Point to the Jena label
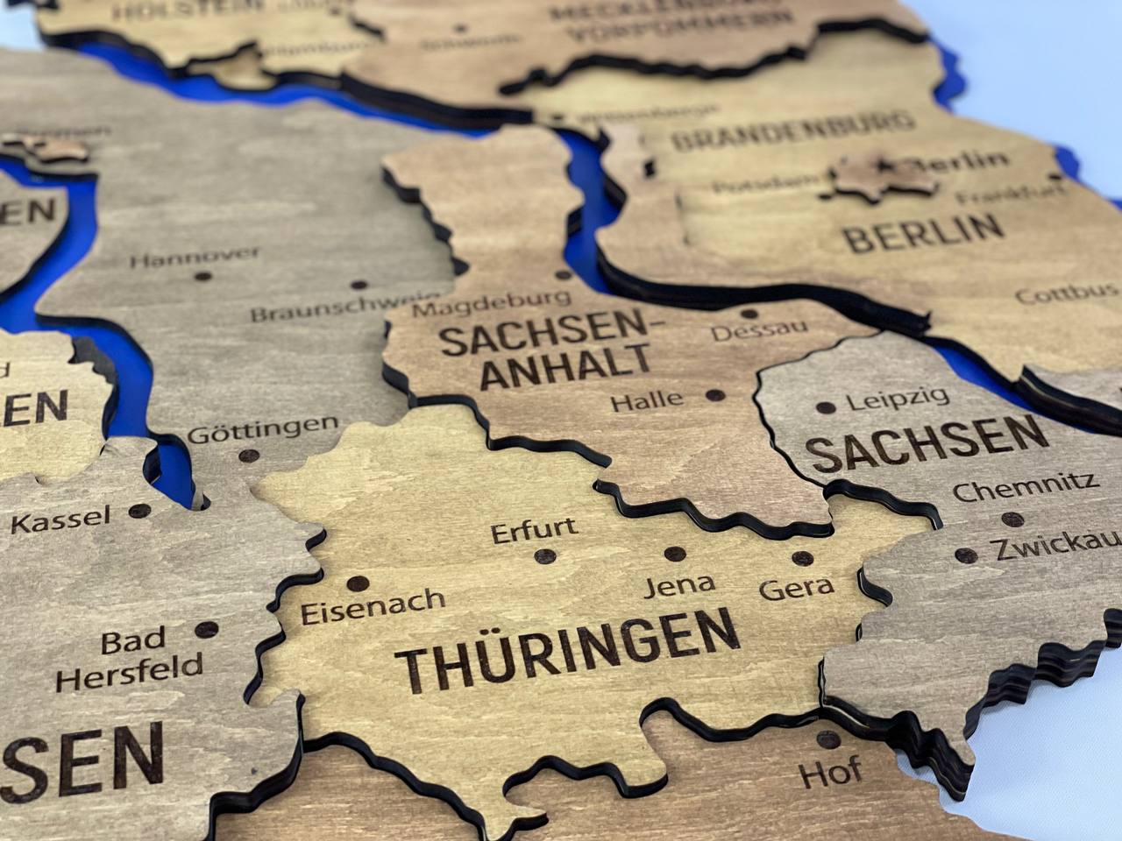pyautogui.click(x=679, y=584)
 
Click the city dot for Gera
pyautogui.click(x=800, y=558)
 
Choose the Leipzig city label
pyautogui.click(x=898, y=399)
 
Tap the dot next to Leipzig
pyautogui.click(x=825, y=407)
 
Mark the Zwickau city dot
pyautogui.click(x=966, y=555)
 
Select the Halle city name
pyautogui.click(x=647, y=401)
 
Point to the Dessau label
pyautogui.click(x=759, y=331)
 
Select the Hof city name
pyautogui.click(x=829, y=774)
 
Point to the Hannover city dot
pyautogui.click(x=203, y=276)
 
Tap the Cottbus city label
pyautogui.click(x=1067, y=293)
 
